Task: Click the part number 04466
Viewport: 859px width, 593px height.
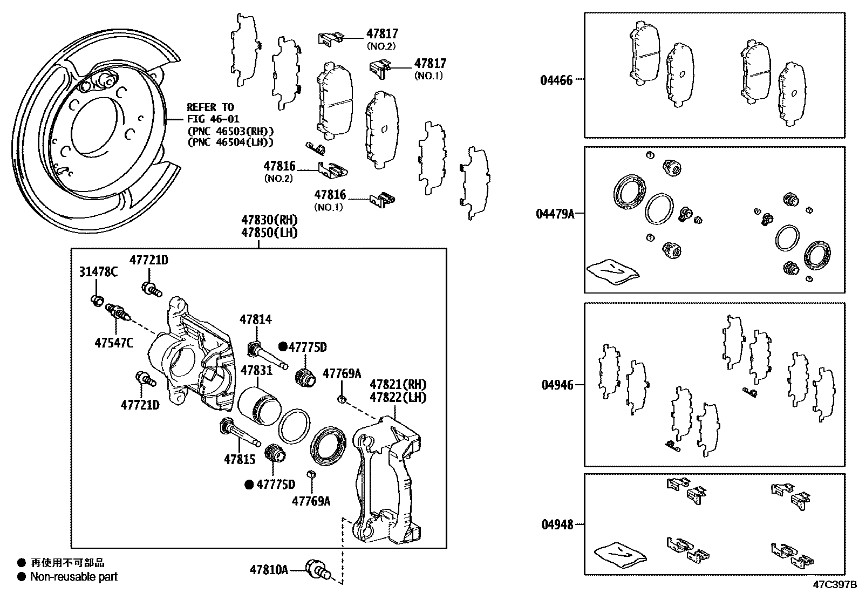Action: click(556, 80)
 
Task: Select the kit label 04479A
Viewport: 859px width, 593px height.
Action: click(555, 214)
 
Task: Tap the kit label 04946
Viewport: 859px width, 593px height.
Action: click(556, 385)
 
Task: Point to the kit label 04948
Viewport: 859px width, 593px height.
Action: click(556, 524)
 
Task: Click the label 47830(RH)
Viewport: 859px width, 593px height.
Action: click(269, 220)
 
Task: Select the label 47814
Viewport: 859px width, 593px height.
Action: click(256, 319)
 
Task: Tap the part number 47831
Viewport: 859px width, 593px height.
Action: click(256, 371)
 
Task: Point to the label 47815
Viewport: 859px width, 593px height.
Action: click(240, 460)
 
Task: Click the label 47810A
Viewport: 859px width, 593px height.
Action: click(269, 569)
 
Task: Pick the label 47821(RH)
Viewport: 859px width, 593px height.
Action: click(398, 385)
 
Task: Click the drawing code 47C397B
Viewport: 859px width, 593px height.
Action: click(835, 585)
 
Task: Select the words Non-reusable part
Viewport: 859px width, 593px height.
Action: click(74, 577)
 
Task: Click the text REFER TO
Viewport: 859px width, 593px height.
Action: click(210, 107)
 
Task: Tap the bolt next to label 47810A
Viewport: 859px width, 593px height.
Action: click(316, 569)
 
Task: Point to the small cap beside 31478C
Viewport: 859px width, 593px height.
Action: click(97, 300)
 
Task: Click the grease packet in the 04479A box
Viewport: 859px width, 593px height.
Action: click(613, 270)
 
